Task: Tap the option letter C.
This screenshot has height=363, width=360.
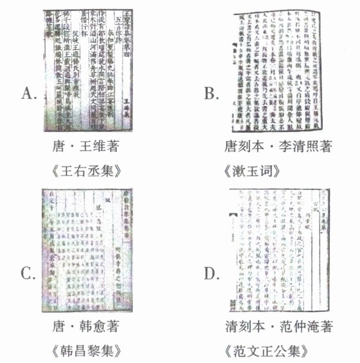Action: [28, 274]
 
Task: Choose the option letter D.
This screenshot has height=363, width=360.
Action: [211, 274]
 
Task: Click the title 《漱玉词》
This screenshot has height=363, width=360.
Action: [278, 171]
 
